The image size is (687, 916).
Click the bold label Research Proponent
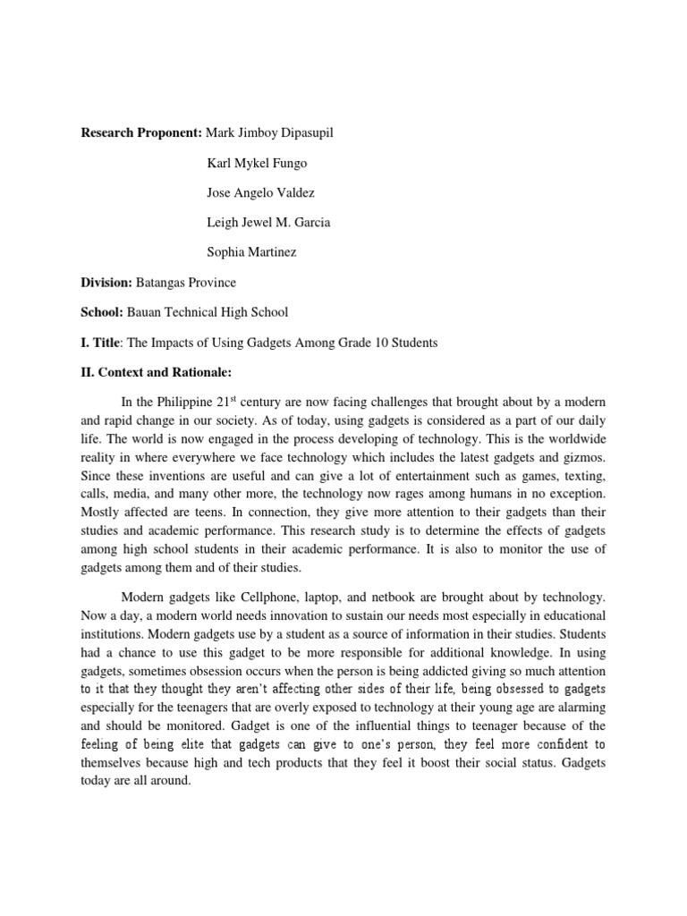[x=141, y=133]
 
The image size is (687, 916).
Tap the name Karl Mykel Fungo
[x=258, y=163]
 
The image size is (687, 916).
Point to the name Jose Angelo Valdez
[x=260, y=193]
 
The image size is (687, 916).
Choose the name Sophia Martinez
[x=251, y=252]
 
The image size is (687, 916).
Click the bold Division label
[x=106, y=283]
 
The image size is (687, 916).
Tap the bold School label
[x=102, y=312]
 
